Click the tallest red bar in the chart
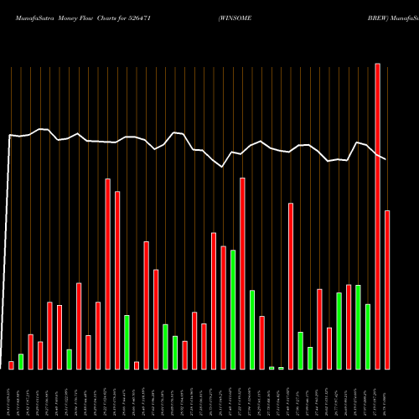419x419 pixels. coord(377,216)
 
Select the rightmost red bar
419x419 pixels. coord(387,289)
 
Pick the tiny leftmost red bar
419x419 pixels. coord(11,365)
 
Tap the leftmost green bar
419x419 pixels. coord(21,361)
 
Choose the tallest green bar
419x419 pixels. coord(233,309)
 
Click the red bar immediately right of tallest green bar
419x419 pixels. coord(242,273)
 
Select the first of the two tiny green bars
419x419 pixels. coord(272,368)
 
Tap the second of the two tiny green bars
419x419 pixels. coord(281,368)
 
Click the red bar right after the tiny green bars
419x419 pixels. coord(291,286)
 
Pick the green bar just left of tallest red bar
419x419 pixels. coord(368,336)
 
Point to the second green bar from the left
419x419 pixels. coord(70,359)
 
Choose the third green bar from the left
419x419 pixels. coord(127,342)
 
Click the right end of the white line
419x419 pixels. coord(386,158)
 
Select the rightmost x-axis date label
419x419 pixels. coord(387,393)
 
